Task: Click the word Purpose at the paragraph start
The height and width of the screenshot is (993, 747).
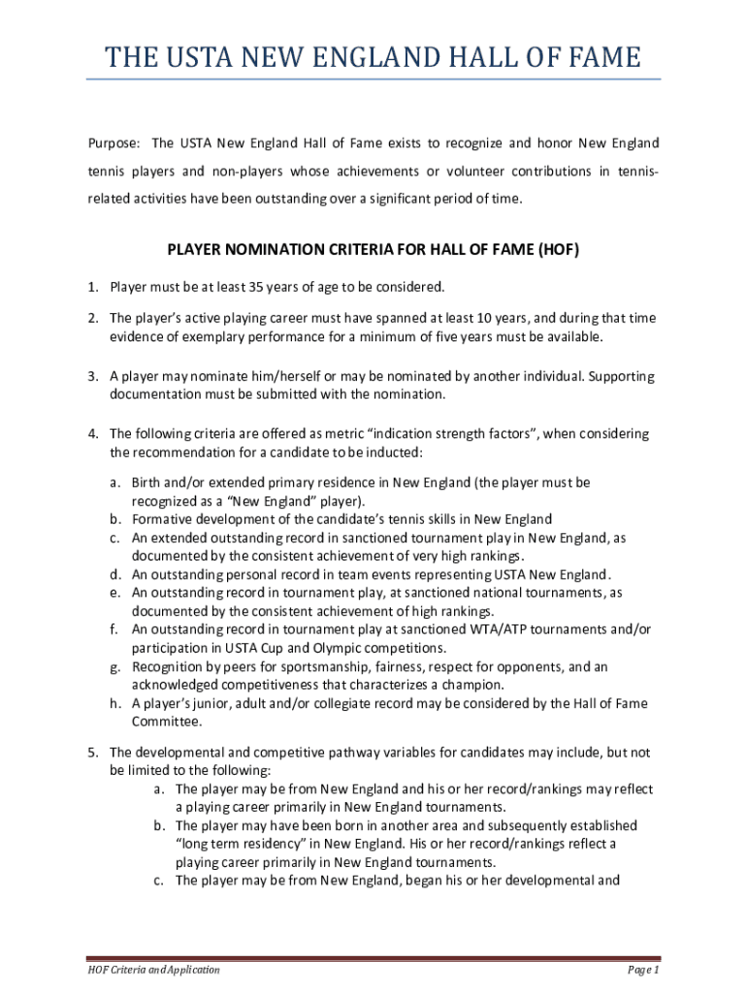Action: coord(114,144)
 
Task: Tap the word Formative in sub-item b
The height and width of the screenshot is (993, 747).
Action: coord(162,519)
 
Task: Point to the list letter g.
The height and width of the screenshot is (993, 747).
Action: coord(114,667)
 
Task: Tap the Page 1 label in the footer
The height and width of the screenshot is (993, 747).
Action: coord(643,970)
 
